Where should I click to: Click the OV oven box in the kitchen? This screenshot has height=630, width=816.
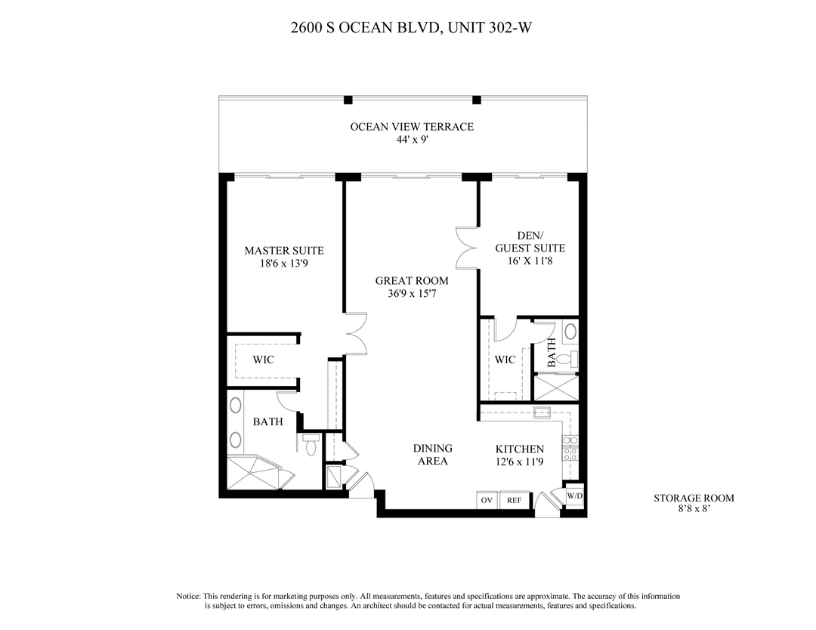[487, 500]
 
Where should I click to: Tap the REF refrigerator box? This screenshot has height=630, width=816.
[515, 500]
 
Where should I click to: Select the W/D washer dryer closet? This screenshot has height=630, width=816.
[574, 496]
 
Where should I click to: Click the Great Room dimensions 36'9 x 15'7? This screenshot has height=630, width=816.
[412, 293]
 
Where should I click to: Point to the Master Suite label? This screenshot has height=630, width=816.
[284, 251]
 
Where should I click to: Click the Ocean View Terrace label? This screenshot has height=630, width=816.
[412, 127]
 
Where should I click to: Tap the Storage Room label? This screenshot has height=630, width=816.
[694, 498]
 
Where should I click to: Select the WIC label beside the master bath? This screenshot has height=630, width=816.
[264, 360]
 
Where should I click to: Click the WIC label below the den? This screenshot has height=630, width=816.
[505, 360]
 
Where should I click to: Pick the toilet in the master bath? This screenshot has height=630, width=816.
[311, 446]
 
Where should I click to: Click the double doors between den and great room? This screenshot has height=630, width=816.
[466, 248]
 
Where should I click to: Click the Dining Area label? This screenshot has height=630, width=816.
[433, 455]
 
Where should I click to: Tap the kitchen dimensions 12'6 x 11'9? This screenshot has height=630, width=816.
[519, 462]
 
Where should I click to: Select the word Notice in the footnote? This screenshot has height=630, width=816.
[188, 596]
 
